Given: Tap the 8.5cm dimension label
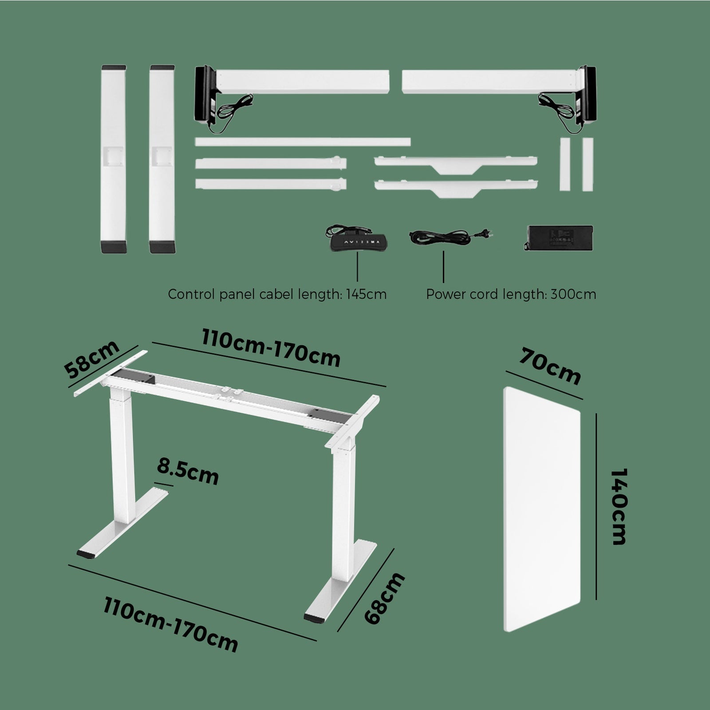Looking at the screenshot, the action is pyautogui.click(x=188, y=472).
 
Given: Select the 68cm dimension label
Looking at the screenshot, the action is pyautogui.click(x=384, y=598).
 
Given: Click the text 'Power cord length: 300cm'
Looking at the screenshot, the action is pyautogui.click(x=511, y=294).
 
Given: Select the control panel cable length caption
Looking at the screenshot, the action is pyautogui.click(x=277, y=294).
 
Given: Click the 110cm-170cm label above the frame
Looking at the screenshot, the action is pyautogui.click(x=271, y=350).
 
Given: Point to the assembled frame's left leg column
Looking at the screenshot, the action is pyautogui.click(x=121, y=457).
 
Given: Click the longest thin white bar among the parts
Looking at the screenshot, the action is pyautogui.click(x=302, y=142).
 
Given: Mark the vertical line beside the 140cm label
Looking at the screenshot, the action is pyautogui.click(x=596, y=506).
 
